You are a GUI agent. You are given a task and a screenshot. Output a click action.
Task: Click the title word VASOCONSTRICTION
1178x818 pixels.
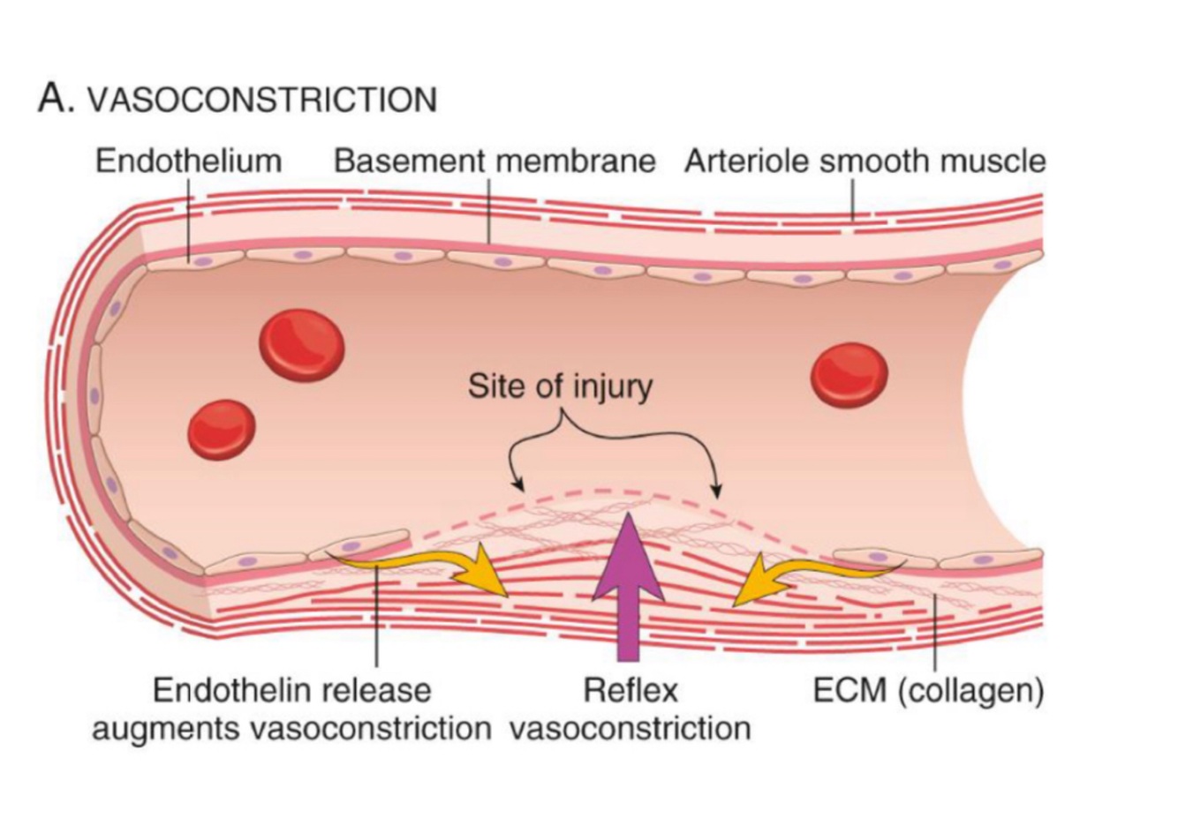point(261,100)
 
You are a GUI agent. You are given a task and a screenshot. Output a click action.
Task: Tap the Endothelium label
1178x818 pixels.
point(188,161)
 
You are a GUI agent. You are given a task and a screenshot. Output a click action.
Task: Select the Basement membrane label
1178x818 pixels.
point(495,161)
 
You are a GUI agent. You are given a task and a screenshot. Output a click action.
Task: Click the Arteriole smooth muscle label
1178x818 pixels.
point(865,161)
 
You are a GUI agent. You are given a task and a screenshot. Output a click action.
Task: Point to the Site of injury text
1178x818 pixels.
point(560,386)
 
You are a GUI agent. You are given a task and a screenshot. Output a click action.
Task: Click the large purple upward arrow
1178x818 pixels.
point(628,582)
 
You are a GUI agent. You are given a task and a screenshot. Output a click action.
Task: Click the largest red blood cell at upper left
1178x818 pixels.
point(302,345)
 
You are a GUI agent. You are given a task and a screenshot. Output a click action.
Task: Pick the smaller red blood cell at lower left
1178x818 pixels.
point(222,430)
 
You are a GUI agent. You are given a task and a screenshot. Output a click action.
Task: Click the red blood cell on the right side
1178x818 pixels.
point(850,375)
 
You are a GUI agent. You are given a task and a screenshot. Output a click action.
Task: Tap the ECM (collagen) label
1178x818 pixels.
point(928,690)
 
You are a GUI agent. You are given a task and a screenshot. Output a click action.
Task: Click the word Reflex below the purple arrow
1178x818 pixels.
point(631,690)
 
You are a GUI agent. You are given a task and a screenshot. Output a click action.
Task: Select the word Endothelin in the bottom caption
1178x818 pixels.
point(230,690)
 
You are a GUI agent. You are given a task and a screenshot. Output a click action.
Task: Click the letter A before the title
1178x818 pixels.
point(53,98)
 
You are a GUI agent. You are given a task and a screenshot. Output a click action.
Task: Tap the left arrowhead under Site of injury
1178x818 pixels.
point(519,485)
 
